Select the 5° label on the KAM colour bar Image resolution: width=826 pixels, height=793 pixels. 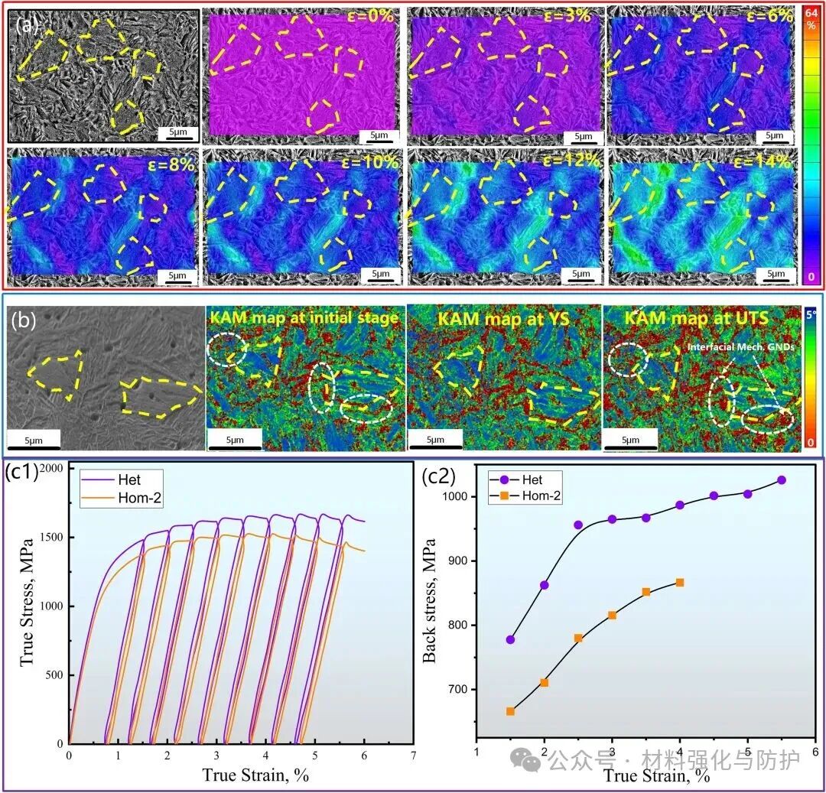click(x=814, y=312)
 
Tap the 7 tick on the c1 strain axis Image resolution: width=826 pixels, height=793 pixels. click(x=413, y=755)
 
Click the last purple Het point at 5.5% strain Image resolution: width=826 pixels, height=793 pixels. click(x=781, y=480)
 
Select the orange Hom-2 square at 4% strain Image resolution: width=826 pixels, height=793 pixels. click(x=679, y=583)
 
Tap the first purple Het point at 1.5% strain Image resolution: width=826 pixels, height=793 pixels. click(x=510, y=639)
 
